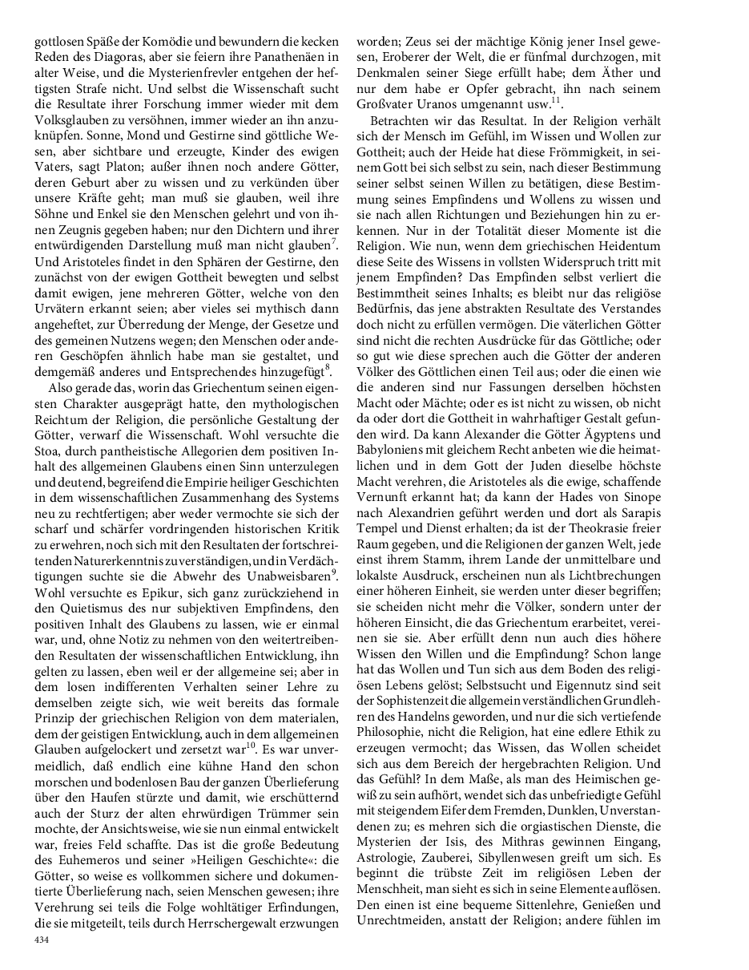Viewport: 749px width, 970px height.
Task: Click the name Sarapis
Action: click(639, 511)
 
